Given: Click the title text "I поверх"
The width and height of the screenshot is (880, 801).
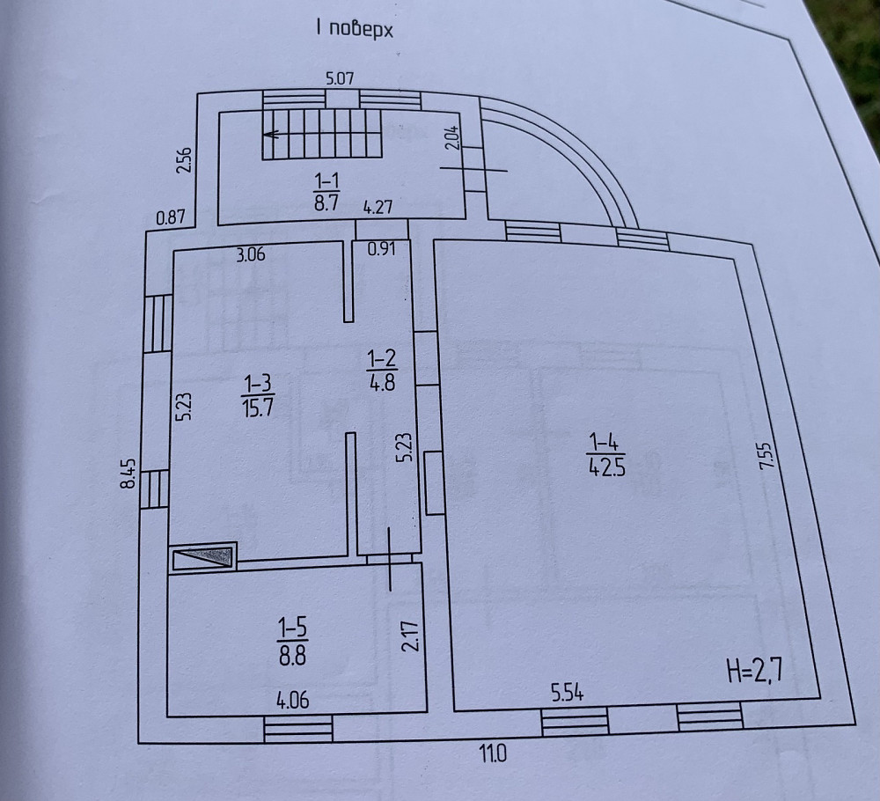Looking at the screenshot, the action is pyautogui.click(x=354, y=29).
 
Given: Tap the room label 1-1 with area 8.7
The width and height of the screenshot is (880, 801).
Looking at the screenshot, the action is pyautogui.click(x=326, y=192).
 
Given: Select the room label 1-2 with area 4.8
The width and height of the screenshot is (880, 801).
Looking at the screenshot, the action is pyautogui.click(x=382, y=370).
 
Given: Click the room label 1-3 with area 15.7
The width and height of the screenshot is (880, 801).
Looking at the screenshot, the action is pyautogui.click(x=258, y=396).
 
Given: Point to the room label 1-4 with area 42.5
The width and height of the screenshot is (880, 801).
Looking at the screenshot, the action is pyautogui.click(x=606, y=456).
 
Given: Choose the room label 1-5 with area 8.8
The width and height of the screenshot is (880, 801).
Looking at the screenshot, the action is pyautogui.click(x=293, y=641).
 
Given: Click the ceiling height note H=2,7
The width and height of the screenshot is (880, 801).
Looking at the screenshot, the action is pyautogui.click(x=754, y=671).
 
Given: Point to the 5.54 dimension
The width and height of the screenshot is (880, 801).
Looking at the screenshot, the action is pyautogui.click(x=568, y=694).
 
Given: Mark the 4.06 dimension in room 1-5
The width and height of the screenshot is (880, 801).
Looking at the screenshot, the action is pyautogui.click(x=292, y=700).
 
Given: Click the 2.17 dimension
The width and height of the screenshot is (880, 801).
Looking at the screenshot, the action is pyautogui.click(x=410, y=636).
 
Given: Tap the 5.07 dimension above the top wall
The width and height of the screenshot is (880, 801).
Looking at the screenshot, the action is pyautogui.click(x=340, y=78).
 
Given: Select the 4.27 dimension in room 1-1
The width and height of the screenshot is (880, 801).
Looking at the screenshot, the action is pyautogui.click(x=378, y=207).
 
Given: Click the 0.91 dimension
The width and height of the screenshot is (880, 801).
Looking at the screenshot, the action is pyautogui.click(x=382, y=248).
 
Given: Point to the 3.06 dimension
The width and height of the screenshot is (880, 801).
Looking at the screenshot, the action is pyautogui.click(x=250, y=255).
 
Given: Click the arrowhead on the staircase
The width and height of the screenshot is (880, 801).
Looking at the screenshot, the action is pyautogui.click(x=272, y=134).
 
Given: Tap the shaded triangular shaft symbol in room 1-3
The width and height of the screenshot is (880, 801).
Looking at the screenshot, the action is pyautogui.click(x=203, y=556).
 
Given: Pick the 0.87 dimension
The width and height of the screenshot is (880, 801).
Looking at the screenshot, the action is pyautogui.click(x=171, y=217).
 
